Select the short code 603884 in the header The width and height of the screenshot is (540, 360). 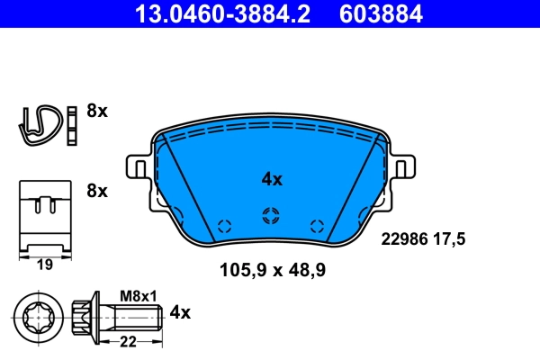(381, 13)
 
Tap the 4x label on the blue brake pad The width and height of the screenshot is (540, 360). (272, 179)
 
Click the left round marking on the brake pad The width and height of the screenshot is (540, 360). (225, 226)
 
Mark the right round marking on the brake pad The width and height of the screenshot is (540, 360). (315, 226)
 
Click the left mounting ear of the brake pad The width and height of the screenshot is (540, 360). (139, 169)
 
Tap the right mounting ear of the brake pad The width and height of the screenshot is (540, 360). (402, 169)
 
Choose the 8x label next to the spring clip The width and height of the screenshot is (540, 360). (96, 112)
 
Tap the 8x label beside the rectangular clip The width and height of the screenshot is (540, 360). (96, 191)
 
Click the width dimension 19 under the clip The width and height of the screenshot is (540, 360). (44, 265)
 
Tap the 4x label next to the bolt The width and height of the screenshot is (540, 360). (181, 312)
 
